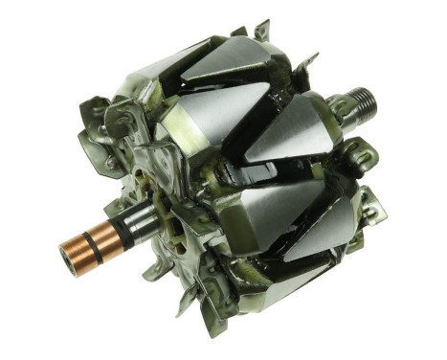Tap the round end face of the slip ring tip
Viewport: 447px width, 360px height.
(62, 256)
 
